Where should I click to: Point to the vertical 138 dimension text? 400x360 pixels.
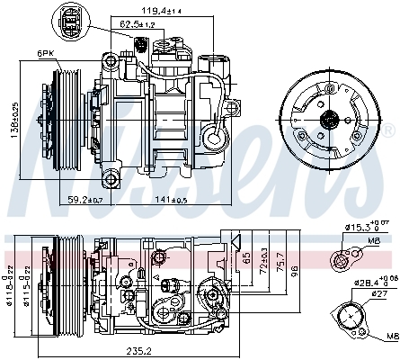pos(13,121)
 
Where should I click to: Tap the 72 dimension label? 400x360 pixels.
pos(264,262)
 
